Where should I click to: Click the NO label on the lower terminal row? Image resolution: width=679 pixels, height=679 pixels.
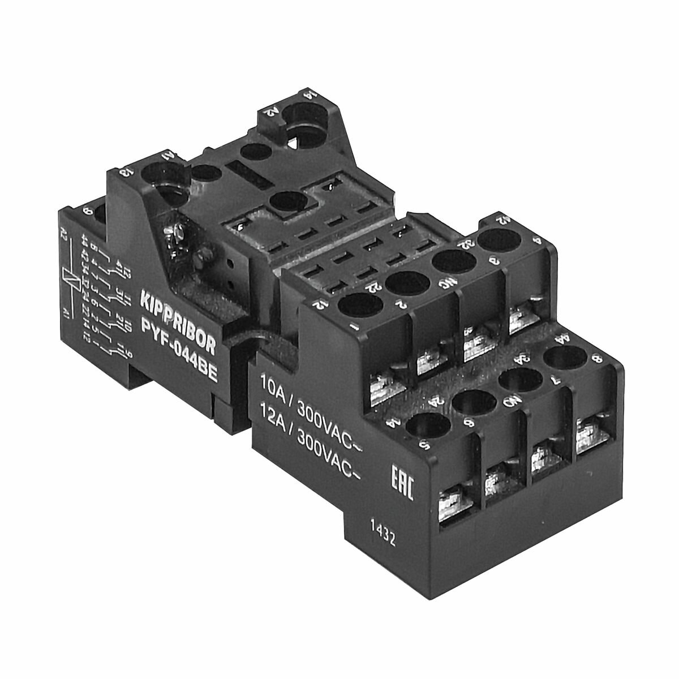point(510,402)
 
